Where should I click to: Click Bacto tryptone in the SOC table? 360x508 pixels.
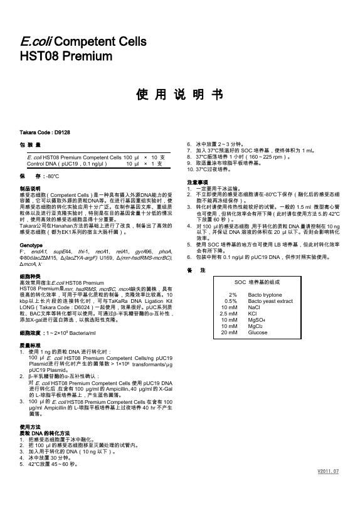point(265,294)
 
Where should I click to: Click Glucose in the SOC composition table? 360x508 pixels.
point(258,333)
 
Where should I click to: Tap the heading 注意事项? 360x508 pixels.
point(197,183)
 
